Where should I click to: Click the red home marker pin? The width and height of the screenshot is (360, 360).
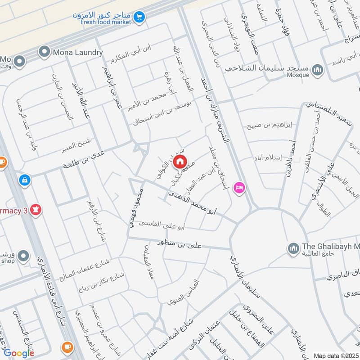180,161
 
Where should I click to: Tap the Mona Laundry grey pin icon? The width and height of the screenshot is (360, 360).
44,52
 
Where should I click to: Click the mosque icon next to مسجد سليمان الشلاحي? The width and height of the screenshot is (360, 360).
318,70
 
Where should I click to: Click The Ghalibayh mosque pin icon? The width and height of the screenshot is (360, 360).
293,248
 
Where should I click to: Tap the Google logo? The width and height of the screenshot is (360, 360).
19,353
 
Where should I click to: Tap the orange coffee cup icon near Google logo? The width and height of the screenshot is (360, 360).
67,347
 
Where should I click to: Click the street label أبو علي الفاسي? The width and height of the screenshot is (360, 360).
161,224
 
